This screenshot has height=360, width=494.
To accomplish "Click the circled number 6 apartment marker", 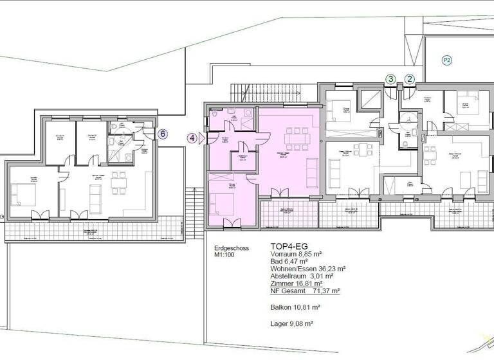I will (163, 134).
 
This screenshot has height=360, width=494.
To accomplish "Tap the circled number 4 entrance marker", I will (192, 137).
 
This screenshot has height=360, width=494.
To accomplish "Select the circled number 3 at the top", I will (390, 79).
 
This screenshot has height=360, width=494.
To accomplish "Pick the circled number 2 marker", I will (409, 79).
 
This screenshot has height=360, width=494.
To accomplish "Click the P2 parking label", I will (446, 60).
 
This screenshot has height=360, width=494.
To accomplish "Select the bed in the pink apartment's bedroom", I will (221, 204).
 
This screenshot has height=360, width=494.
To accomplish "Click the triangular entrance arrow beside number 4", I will (201, 137).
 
